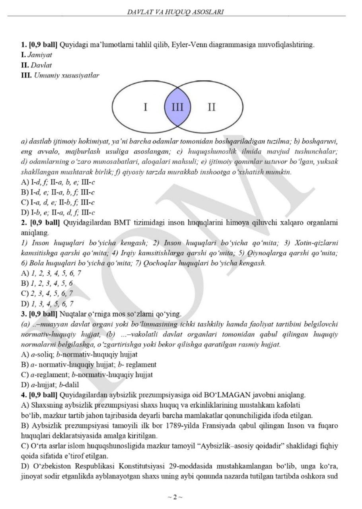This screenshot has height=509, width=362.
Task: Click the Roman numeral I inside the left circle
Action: (146, 107)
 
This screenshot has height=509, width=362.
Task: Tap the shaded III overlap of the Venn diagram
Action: (177, 107)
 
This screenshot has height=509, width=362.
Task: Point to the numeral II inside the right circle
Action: (212, 107)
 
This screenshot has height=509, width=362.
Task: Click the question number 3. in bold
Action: (23, 314)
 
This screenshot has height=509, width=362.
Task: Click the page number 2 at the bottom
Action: (175, 497)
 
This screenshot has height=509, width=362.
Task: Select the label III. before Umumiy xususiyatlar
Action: (26, 74)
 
